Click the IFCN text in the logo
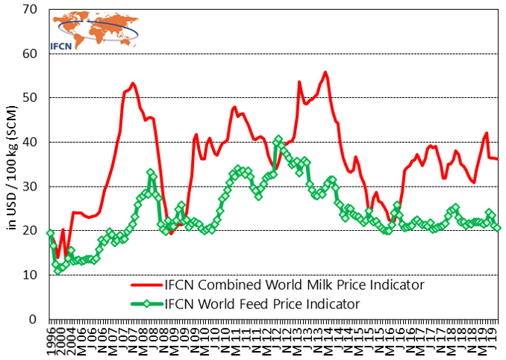coord(61,45)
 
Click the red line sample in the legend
coord(146,285)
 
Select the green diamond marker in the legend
coord(146,304)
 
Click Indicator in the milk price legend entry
coord(397,285)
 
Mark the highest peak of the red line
coord(325,72)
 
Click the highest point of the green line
coord(278,140)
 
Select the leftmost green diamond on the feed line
coord(50,234)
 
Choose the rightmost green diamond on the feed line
coord(498,228)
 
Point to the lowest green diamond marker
coord(58,270)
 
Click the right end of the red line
coord(498,159)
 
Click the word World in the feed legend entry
coord(216,304)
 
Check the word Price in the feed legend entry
coord(286,304)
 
